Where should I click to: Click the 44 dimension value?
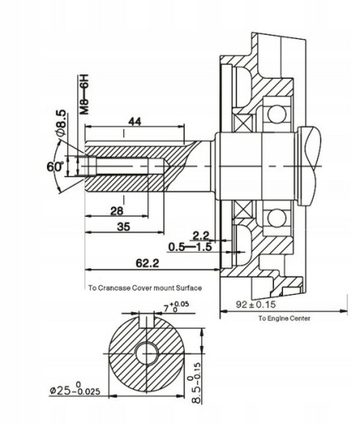coord(135,121)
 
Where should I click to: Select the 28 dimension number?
coord(117,211)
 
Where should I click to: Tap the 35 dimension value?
coord(123,227)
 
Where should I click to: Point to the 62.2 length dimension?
coord(147,263)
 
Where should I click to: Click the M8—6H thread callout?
coord(85,94)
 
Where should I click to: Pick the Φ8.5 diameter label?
coord(61,123)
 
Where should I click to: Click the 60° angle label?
coord(55,166)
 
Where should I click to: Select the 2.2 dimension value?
coord(201,236)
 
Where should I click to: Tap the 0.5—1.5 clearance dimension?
coord(190,247)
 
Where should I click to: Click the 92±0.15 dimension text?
coord(256,305)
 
